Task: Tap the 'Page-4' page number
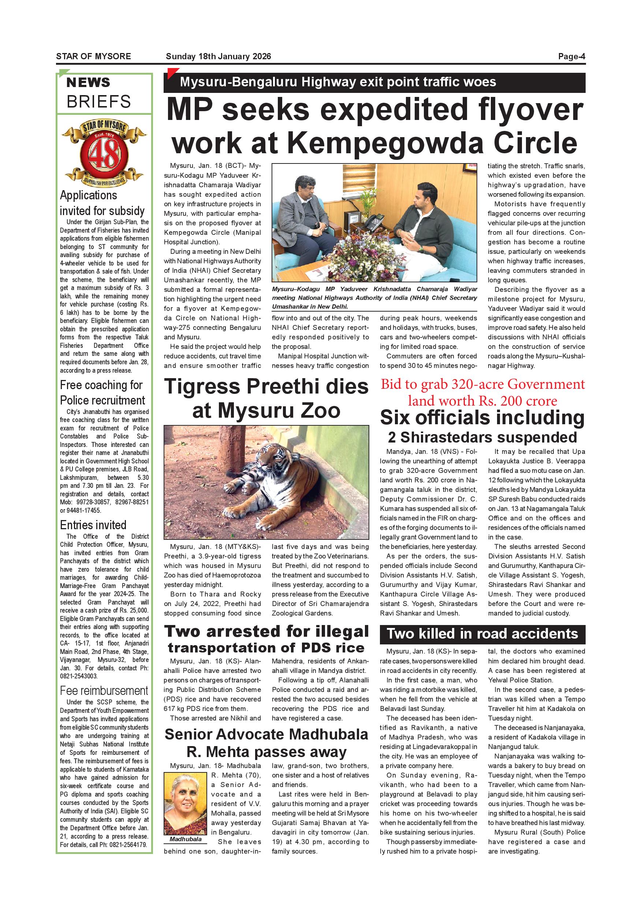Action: click(x=571, y=56)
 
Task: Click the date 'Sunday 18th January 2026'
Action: click(x=218, y=56)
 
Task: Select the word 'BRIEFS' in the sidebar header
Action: click(x=98, y=102)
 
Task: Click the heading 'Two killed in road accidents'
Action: click(x=482, y=634)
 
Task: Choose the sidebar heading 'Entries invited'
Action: click(x=93, y=525)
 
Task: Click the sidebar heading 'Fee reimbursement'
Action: click(x=104, y=690)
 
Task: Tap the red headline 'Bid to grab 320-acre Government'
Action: click(x=482, y=384)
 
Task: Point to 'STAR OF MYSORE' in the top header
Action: click(x=93, y=56)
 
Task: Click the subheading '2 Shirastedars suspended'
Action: click(x=482, y=437)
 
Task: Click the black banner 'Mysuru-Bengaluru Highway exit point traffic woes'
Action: click(x=374, y=83)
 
